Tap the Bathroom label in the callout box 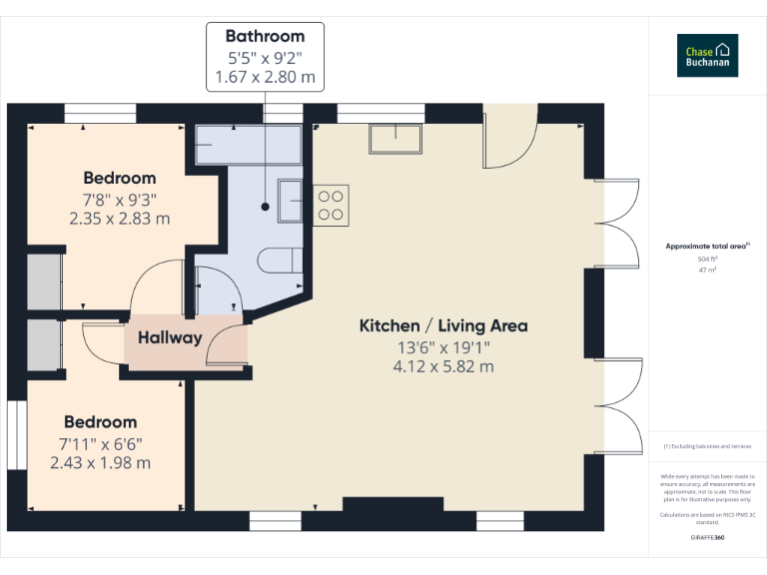pyautogui.click(x=265, y=37)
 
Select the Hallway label pyautogui.click(x=170, y=337)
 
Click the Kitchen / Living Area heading pyautogui.click(x=443, y=325)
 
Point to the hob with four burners pyautogui.click(x=331, y=205)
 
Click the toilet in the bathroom pyautogui.click(x=280, y=261)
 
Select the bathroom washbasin pyautogui.click(x=290, y=200)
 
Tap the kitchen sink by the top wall pyautogui.click(x=397, y=137)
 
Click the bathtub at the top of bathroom pyautogui.click(x=249, y=144)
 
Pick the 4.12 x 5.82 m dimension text pyautogui.click(x=443, y=366)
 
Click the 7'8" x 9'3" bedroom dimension pyautogui.click(x=120, y=199)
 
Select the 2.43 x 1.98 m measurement pyautogui.click(x=101, y=462)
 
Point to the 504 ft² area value pyautogui.click(x=708, y=259)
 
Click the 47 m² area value pyautogui.click(x=708, y=270)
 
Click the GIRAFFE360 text pyautogui.click(x=708, y=538)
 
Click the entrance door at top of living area pyautogui.click(x=509, y=140)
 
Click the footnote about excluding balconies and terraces pyautogui.click(x=708, y=446)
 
